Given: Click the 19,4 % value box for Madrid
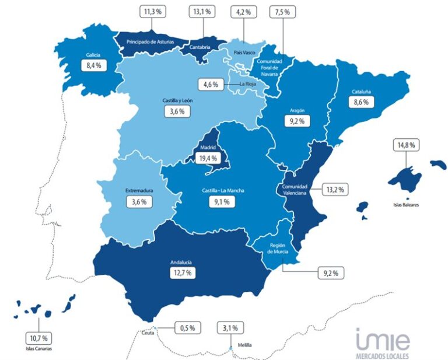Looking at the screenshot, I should pyautogui.click(x=209, y=158).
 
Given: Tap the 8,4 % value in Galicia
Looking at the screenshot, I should pyautogui.click(x=94, y=65).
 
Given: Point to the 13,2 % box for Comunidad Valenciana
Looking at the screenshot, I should pyautogui.click(x=335, y=189).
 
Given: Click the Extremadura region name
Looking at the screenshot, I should pyautogui.click(x=139, y=191).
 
